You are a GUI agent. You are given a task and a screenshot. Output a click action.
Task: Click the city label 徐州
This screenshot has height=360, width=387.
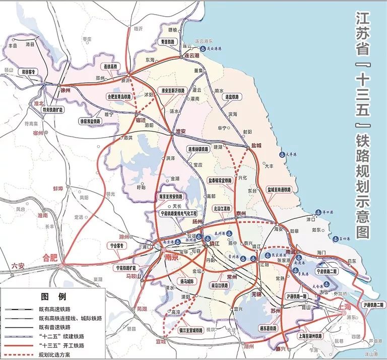tap(66, 90)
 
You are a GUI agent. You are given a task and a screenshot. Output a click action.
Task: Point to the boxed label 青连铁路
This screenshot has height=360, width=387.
tap(165, 42)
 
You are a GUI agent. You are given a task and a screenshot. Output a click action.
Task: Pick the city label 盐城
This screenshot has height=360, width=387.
tap(256, 145)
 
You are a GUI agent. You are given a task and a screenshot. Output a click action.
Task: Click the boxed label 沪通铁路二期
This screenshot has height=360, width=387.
tap(372, 305)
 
